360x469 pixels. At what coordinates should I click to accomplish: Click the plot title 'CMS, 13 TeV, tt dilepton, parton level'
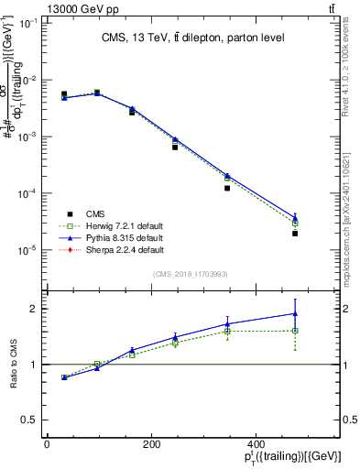point(191,38)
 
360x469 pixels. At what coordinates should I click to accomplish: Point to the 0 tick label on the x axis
point(47,445)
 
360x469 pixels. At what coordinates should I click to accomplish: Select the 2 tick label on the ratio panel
point(35,309)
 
